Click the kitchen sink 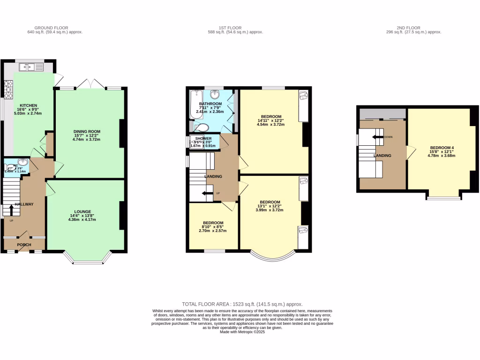(x=29, y=68)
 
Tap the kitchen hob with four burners (x=8, y=90)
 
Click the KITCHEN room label (x=28, y=105)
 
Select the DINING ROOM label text (x=86, y=132)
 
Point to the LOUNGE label (x=82, y=211)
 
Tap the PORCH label (x=24, y=245)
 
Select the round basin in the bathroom (x=216, y=94)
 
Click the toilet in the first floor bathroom (x=202, y=127)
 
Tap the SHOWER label (x=204, y=139)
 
